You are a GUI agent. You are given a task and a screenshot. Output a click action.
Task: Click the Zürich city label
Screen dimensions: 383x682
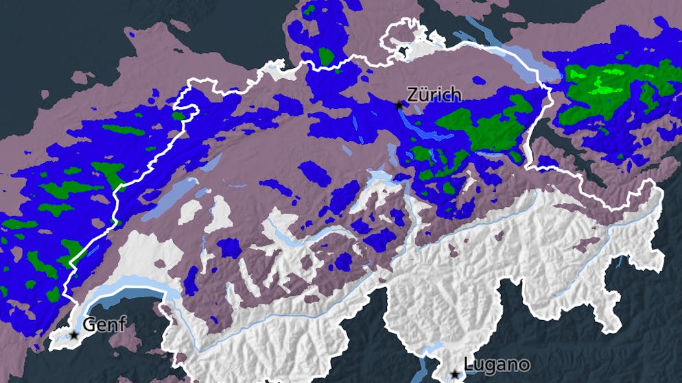(434, 95)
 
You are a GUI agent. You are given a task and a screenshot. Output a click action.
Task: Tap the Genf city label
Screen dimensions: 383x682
(104, 324)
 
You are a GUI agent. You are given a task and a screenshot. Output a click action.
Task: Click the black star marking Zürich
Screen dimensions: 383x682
(400, 105)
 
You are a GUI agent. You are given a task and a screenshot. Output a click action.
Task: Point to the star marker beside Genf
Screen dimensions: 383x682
(74, 335)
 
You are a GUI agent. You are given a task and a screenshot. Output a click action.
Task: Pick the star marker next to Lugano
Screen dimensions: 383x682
(454, 374)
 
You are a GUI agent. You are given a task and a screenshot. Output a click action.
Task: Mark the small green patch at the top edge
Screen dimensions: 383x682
(309, 10)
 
